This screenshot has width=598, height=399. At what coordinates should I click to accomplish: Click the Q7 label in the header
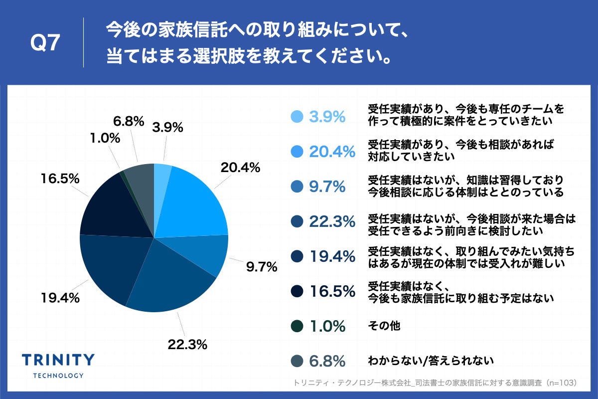(45, 44)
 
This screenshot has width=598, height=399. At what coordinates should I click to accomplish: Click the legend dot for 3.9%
(297, 116)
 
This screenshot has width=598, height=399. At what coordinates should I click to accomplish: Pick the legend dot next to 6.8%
(297, 361)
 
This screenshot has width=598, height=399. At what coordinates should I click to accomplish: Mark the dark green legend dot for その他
(297, 326)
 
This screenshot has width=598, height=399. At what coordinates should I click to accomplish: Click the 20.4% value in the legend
(332, 152)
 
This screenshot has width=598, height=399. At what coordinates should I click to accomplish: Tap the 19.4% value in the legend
(332, 256)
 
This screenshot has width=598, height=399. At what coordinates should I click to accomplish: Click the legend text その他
(384, 326)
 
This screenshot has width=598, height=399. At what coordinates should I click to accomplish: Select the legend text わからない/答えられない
(431, 361)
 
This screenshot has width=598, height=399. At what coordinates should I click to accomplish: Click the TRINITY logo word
(58, 360)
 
